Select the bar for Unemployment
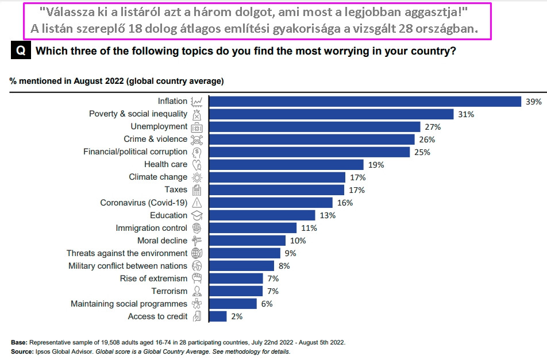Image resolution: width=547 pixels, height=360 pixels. tap(314, 127)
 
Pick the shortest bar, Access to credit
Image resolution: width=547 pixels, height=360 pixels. tap(218, 316)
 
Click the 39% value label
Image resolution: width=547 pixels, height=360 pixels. tap(534, 102)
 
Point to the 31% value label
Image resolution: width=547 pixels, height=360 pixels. tap(466, 114)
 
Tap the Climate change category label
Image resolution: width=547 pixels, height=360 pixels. tap(158, 177)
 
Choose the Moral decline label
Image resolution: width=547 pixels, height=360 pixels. tap(162, 241)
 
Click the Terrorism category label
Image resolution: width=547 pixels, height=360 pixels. tap(170, 291)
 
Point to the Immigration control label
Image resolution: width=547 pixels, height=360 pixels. tap(151, 228)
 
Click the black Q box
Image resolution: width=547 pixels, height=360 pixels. tap(20, 51)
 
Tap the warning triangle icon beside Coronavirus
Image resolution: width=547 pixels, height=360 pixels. tap(197, 203)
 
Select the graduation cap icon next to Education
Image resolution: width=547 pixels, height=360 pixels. tap(197, 215)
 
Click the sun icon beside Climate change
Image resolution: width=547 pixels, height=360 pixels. tap(197, 177)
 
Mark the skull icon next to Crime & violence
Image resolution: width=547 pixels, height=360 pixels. tap(197, 140)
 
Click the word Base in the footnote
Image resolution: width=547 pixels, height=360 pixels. tap(19, 342)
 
